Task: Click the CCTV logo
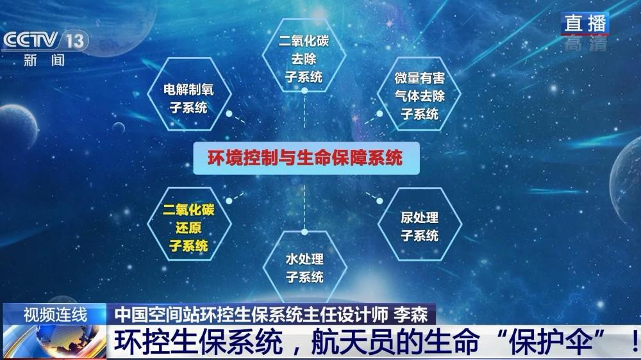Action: coord(31,40)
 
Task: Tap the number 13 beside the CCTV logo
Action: coord(75,41)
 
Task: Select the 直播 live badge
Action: coord(585,23)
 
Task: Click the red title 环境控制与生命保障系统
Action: coord(305,158)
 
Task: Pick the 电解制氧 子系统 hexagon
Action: coord(189,94)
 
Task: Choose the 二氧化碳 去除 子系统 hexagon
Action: coord(304,54)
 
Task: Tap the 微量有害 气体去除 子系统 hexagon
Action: coord(419,94)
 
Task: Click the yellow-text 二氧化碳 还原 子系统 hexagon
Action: coord(189,224)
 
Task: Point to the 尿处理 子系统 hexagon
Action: coord(420,224)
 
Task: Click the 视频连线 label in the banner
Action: coord(55,315)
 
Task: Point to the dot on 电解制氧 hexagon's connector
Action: coord(229,113)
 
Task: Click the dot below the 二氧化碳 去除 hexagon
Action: coord(304,91)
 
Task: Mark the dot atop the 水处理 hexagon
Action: coord(304,232)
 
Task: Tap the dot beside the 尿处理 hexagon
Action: coord(379,201)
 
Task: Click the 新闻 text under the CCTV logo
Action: coord(44,60)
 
